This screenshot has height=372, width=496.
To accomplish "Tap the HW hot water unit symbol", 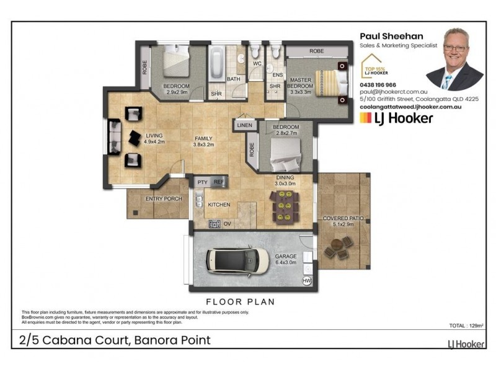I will [x=306, y=281].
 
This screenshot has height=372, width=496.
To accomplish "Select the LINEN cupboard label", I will [x=244, y=126].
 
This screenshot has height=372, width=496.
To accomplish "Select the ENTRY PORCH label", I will [x=163, y=199].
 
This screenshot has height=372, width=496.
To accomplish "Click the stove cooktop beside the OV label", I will [x=215, y=223].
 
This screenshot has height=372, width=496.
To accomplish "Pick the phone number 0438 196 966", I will [x=379, y=84].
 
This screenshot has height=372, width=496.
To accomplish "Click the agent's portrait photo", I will [x=454, y=59].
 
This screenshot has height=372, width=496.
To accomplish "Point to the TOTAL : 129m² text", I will [x=466, y=325].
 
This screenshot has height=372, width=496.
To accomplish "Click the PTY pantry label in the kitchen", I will [x=202, y=182].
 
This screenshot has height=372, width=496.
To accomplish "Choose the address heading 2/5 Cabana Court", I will [x=114, y=340].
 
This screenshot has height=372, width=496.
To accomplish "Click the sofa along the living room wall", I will [x=115, y=138].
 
